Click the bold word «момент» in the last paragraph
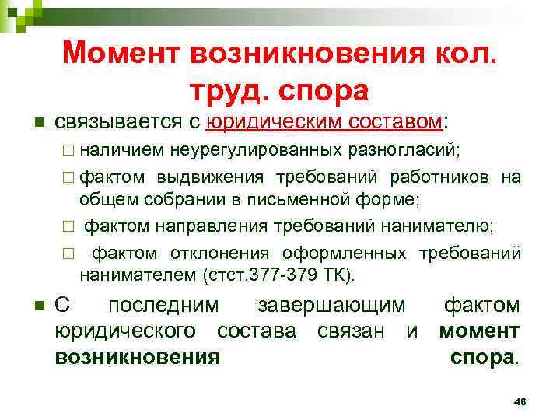(479, 331)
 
